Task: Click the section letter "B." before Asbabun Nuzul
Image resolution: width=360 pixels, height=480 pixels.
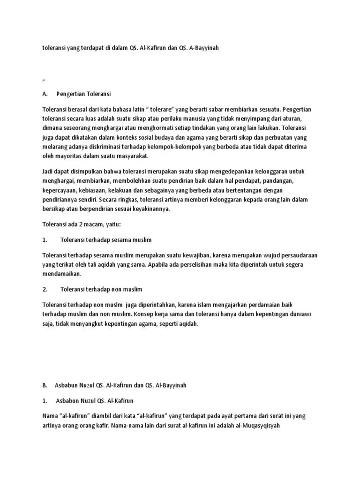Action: click(x=45, y=385)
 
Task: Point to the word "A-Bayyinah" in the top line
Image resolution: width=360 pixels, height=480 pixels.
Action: click(x=203, y=48)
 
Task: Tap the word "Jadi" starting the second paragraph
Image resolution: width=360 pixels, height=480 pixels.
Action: click(x=48, y=172)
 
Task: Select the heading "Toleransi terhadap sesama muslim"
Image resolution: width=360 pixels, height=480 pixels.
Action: click(x=106, y=240)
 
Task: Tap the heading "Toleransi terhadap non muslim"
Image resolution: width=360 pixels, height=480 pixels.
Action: click(x=101, y=289)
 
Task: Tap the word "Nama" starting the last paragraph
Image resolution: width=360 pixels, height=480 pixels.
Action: click(x=50, y=416)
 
